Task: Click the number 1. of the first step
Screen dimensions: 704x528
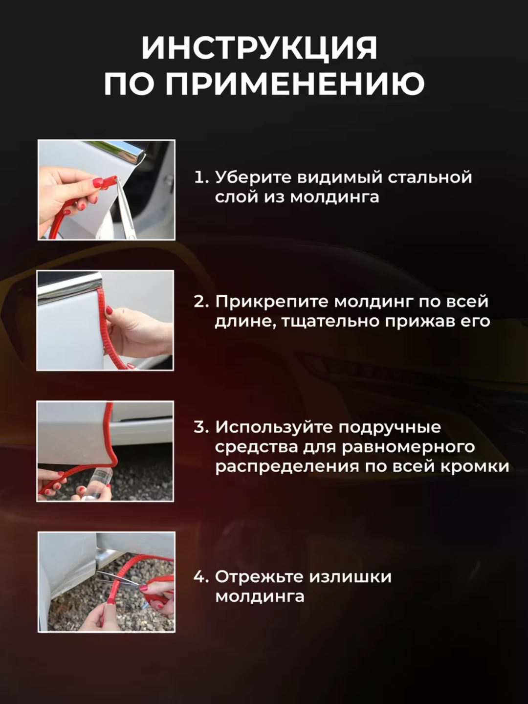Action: tap(201, 177)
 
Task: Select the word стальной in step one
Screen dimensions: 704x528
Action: tap(430, 177)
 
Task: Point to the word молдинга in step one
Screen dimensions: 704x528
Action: tap(334, 197)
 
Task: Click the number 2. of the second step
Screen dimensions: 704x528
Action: tap(201, 302)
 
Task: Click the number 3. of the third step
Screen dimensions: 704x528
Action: tap(201, 427)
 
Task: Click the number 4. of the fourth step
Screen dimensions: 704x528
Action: tap(201, 576)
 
